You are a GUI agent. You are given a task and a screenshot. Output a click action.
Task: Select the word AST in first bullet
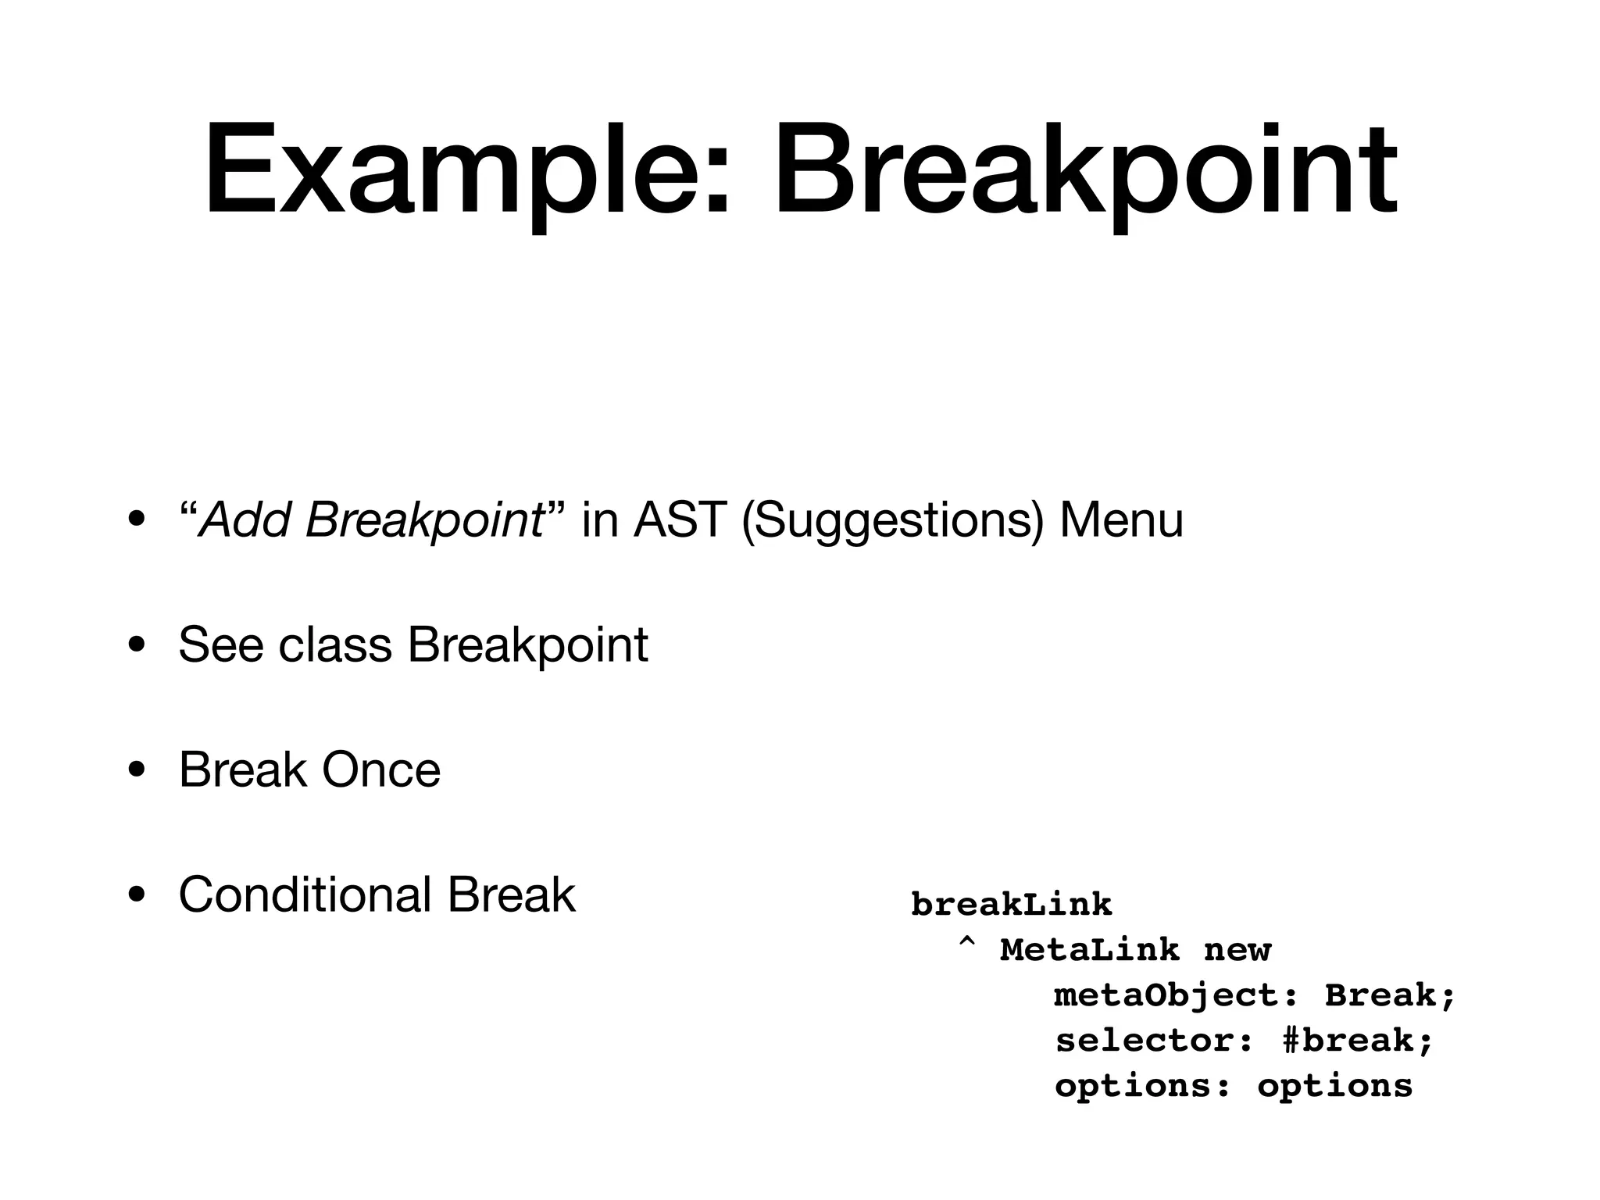click(x=680, y=520)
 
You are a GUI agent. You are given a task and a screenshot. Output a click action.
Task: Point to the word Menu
click(x=1121, y=520)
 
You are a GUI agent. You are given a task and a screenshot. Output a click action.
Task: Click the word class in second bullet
click(x=335, y=645)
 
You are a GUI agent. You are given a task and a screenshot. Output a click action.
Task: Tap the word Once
click(x=381, y=770)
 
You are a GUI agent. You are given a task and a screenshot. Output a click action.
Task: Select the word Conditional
click(x=305, y=895)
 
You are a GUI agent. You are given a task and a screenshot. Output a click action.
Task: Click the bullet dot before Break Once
click(x=137, y=771)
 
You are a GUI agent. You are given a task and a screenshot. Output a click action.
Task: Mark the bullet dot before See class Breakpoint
click(x=137, y=646)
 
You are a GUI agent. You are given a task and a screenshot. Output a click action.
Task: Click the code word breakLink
click(x=1011, y=905)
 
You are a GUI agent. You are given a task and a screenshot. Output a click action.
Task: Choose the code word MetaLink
click(x=1090, y=951)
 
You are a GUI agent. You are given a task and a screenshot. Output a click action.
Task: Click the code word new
click(x=1237, y=951)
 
